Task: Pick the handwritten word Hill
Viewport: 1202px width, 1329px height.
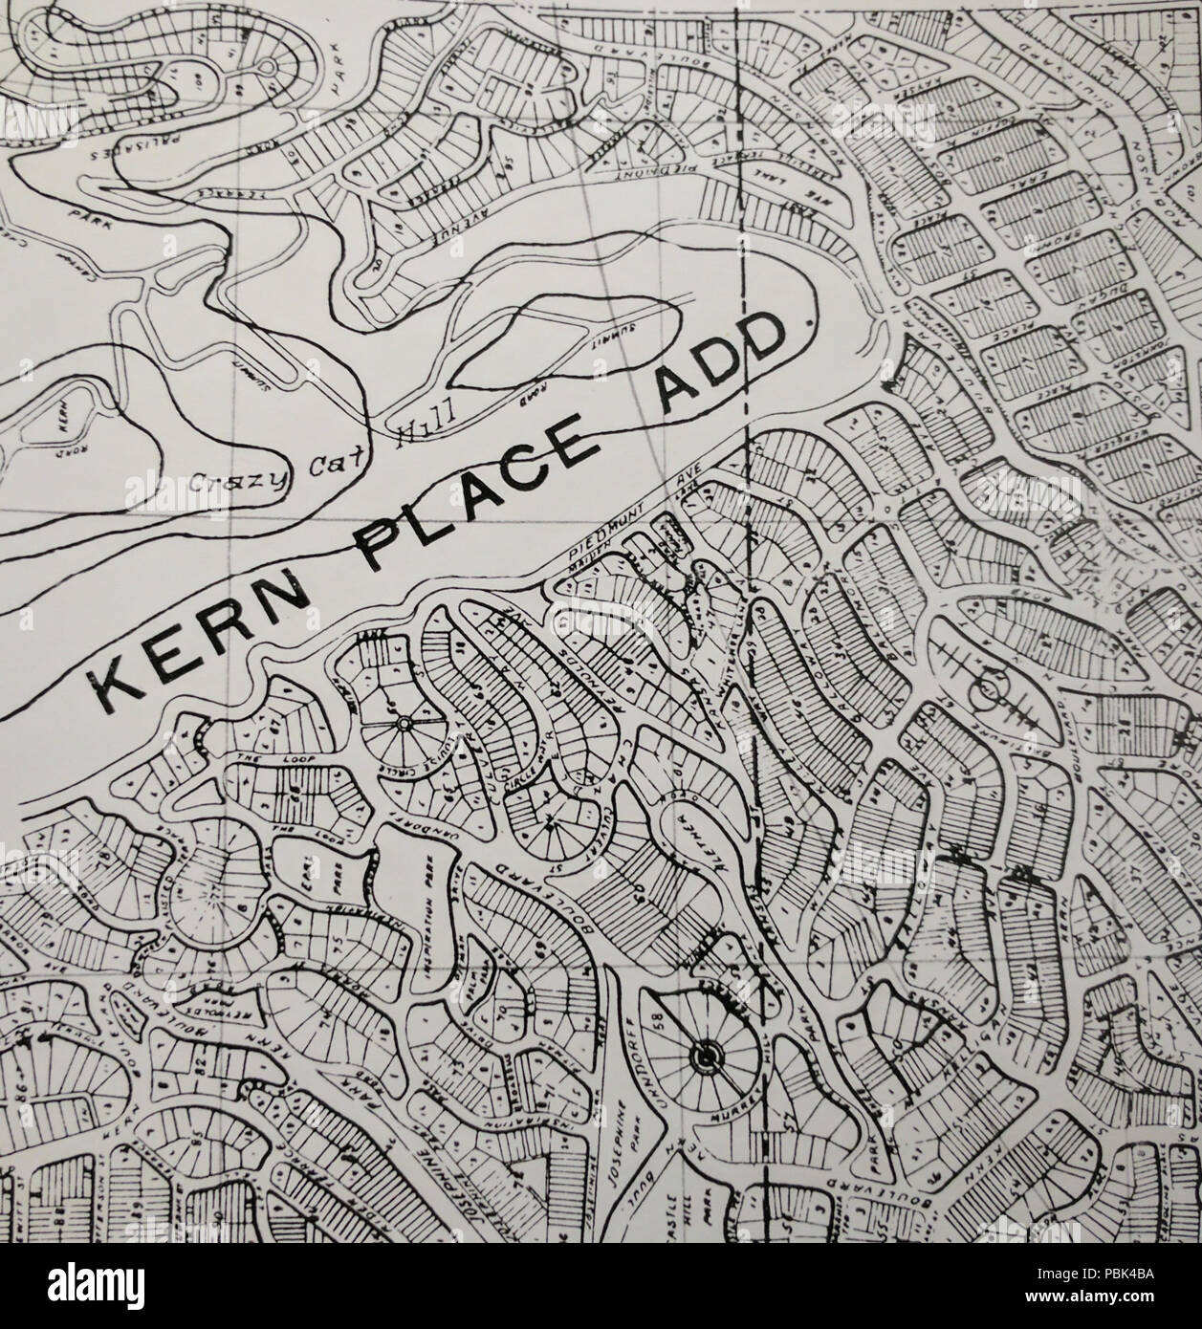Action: pyautogui.click(x=418, y=429)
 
